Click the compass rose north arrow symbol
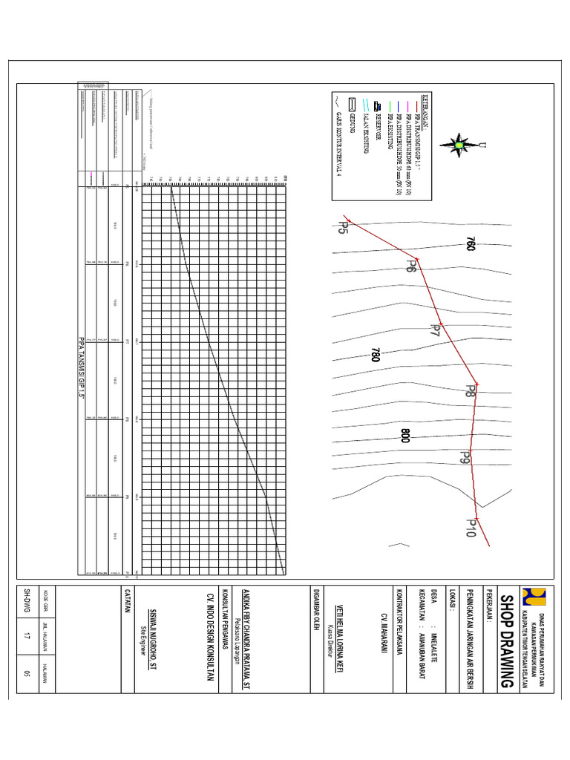click(x=460, y=145)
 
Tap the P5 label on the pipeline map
click(x=344, y=226)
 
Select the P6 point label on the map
click(x=410, y=266)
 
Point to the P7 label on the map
click(x=436, y=331)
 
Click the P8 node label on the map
click(x=470, y=391)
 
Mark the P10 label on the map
click(x=471, y=527)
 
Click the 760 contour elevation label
click(x=470, y=245)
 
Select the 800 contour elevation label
click(x=405, y=436)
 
